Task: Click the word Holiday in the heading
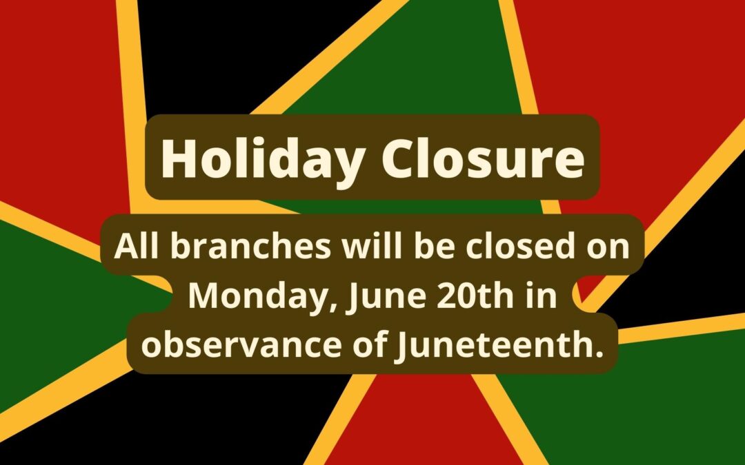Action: (x=264, y=159)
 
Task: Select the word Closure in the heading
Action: (x=483, y=158)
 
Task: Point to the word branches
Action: (x=250, y=246)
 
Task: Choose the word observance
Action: (x=241, y=344)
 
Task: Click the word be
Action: (x=434, y=246)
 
